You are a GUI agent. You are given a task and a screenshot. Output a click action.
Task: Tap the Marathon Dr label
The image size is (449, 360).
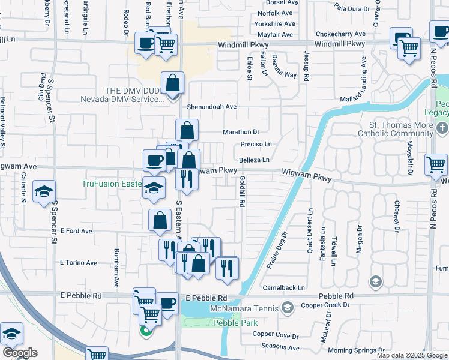(x=241, y=131)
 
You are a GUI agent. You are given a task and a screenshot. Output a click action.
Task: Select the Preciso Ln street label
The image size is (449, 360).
(x=256, y=145)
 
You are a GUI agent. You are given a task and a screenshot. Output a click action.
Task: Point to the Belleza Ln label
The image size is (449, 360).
(x=254, y=160)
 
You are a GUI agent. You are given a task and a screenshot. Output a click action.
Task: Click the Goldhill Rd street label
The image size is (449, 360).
(x=241, y=191)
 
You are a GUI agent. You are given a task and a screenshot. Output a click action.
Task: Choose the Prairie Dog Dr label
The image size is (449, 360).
(x=276, y=250)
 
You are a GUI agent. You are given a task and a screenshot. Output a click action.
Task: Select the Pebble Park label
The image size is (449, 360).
(x=231, y=323)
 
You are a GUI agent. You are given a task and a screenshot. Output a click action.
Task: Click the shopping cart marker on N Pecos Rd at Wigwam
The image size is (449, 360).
(x=436, y=164)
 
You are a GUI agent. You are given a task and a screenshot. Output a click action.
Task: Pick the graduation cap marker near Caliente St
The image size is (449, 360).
(x=44, y=191)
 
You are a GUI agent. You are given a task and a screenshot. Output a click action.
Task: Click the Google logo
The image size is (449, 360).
(x=20, y=353)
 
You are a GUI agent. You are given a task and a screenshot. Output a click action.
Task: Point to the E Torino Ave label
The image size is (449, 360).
(x=79, y=263)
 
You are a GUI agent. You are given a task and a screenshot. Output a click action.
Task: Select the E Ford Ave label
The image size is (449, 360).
(x=76, y=231)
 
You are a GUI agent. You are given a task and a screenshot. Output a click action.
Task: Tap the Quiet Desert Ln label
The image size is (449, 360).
(x=310, y=231)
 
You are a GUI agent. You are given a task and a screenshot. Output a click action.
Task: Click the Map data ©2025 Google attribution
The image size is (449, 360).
(x=412, y=355)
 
